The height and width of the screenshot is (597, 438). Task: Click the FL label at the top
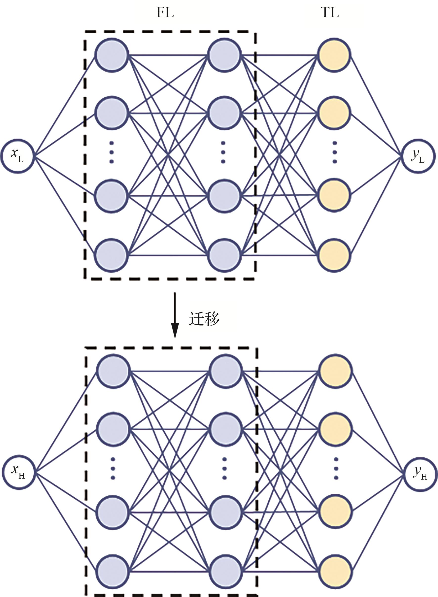point(165,12)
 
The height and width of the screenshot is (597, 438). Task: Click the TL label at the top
point(329,12)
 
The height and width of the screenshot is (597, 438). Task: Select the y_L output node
point(418,156)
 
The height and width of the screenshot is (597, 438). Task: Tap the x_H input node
point(19,472)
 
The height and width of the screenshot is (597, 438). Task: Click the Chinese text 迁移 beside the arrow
point(204,318)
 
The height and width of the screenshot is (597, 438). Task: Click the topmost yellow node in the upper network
point(334,55)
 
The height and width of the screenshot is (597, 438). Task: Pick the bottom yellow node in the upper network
point(334,255)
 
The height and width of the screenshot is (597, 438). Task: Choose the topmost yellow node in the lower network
point(335,371)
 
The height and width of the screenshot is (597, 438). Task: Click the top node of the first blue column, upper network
point(111,55)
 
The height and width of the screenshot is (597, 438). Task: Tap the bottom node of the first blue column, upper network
point(111,255)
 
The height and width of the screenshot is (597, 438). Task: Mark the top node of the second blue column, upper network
point(224,55)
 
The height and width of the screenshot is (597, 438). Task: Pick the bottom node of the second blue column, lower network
point(226,571)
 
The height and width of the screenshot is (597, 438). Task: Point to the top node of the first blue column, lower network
point(113,371)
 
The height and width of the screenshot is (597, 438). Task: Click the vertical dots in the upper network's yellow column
point(335,152)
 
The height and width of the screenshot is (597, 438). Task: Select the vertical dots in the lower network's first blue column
point(113,468)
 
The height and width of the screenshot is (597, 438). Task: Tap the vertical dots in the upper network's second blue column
point(223,152)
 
